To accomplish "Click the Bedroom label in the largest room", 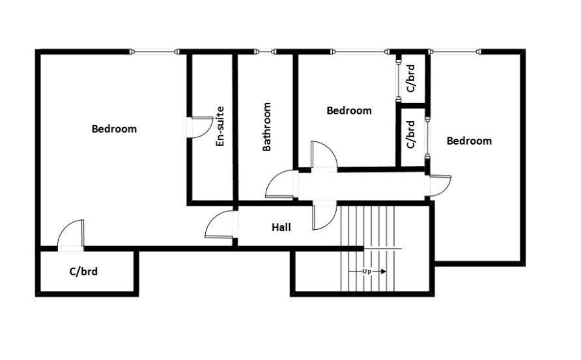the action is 114,129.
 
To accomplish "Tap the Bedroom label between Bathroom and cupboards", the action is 349,111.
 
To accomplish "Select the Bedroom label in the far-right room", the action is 469,141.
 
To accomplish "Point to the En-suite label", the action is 220,126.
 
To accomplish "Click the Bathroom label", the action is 266,127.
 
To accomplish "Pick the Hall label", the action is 281,227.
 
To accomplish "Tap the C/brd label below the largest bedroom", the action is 83,271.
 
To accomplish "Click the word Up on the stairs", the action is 367,271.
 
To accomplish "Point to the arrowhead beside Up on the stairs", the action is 383,271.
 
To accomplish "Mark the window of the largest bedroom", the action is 154,51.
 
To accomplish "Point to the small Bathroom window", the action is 264,51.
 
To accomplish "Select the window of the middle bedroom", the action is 360,51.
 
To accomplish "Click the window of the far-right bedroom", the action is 455,51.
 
